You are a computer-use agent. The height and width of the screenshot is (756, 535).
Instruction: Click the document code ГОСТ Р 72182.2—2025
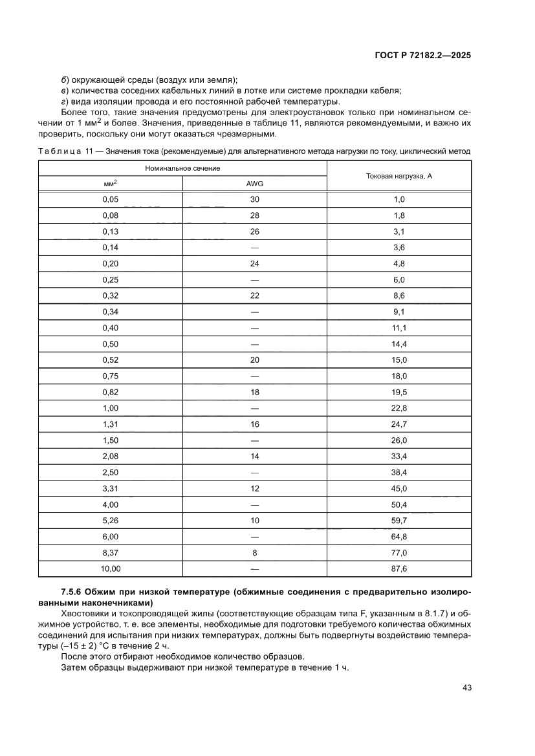tap(422, 56)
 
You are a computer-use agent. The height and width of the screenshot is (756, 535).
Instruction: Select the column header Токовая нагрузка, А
tap(399, 175)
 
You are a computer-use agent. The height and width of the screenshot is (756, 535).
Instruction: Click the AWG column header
tap(254, 184)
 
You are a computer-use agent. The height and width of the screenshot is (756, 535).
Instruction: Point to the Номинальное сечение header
tap(182, 167)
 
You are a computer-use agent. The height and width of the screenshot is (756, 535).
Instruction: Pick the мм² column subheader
tap(110, 184)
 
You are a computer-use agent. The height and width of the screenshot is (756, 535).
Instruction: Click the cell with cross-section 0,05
tap(110, 199)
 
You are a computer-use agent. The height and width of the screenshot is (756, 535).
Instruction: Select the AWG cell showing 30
tap(254, 199)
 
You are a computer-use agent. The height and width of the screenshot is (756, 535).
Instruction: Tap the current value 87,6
tap(399, 568)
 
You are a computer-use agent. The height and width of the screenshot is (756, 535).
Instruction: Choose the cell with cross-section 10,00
tap(110, 568)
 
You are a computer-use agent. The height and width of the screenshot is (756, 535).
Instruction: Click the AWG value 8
tap(254, 552)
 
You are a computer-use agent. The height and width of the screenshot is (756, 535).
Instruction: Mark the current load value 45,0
tap(399, 488)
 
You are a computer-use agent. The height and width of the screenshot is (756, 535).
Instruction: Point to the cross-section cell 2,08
tap(110, 456)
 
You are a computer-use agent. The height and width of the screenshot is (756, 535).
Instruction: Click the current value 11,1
tap(399, 328)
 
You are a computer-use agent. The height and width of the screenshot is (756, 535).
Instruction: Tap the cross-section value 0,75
tap(110, 376)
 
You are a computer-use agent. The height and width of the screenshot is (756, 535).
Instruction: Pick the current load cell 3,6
tap(399, 247)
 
